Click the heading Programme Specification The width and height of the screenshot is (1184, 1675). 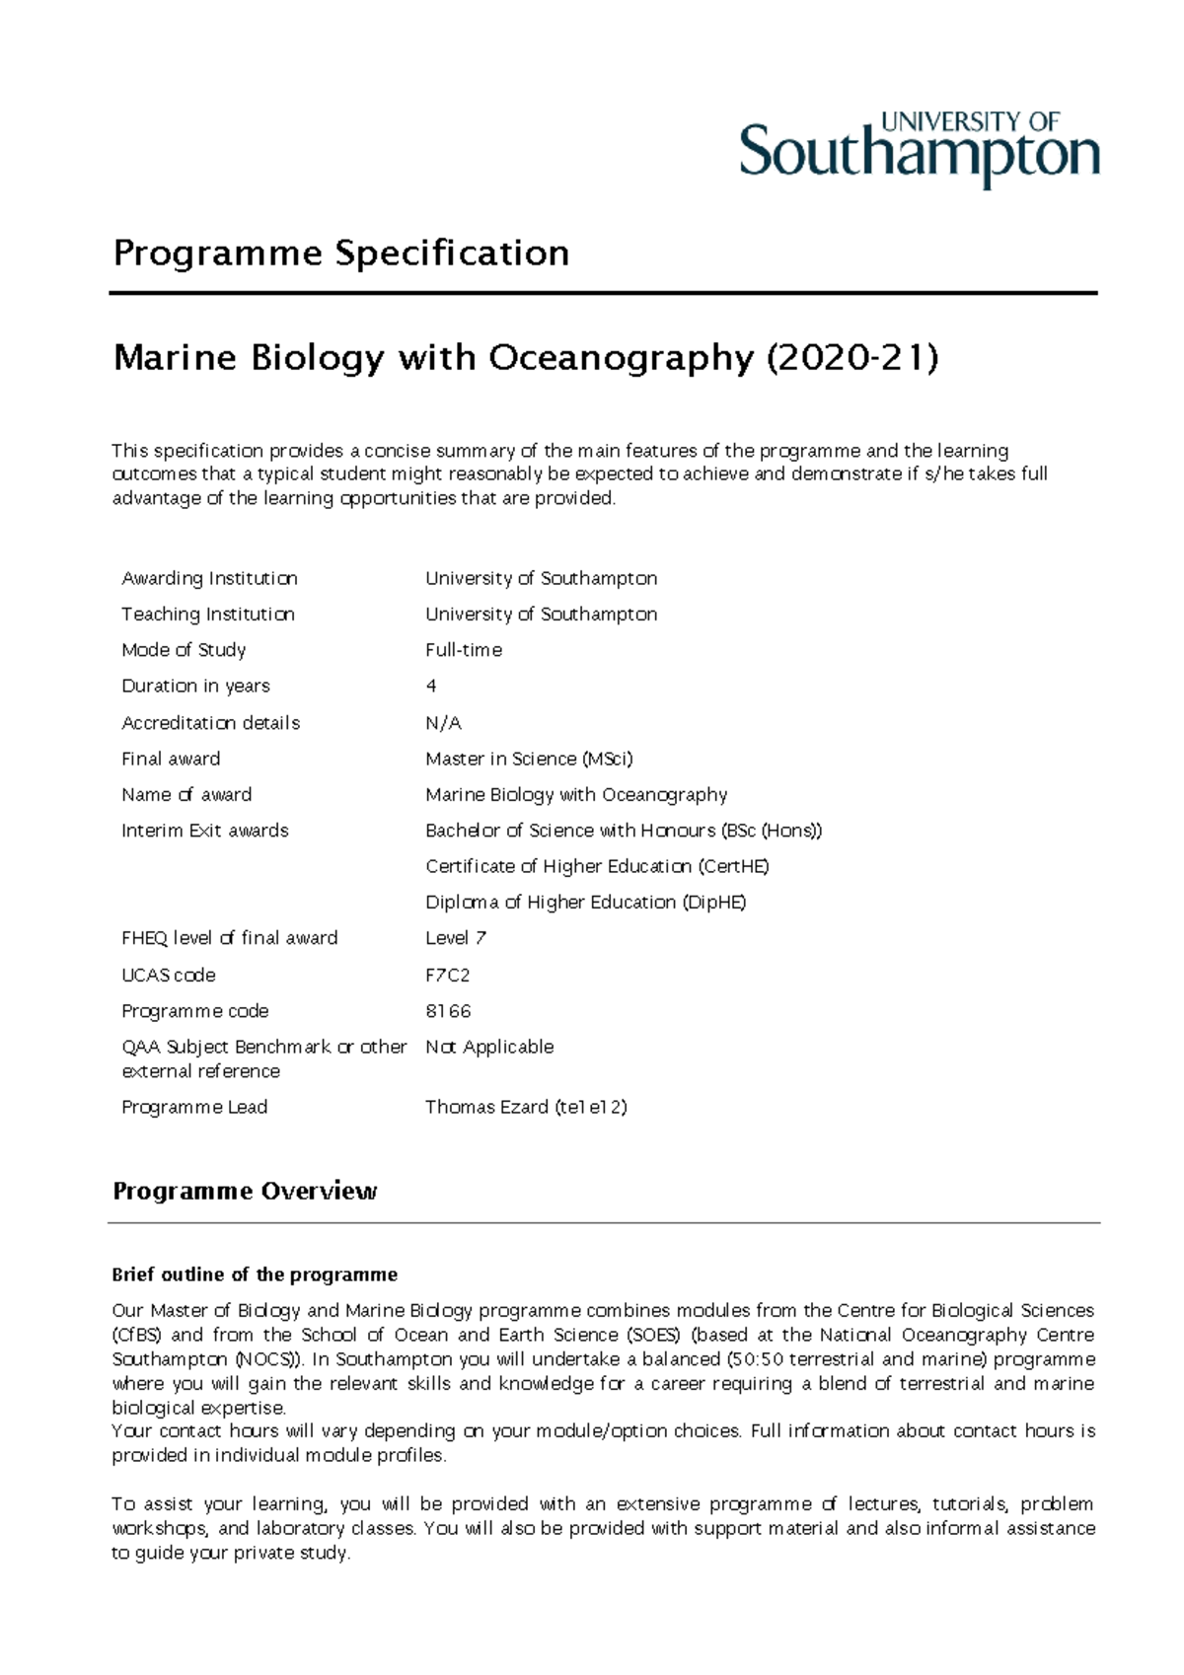[341, 254]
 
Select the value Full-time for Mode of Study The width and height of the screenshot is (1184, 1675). [464, 650]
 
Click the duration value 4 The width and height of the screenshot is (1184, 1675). [431, 686]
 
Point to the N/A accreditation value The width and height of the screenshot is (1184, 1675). [443, 723]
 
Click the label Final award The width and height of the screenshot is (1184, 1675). [171, 759]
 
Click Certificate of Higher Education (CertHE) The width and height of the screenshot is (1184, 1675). [597, 866]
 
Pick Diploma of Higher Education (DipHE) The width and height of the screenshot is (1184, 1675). [585, 902]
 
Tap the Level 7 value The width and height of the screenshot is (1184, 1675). [456, 938]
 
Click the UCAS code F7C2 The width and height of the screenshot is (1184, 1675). [447, 975]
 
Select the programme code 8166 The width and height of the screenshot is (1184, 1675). [448, 1011]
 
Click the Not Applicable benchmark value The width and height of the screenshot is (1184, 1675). [489, 1047]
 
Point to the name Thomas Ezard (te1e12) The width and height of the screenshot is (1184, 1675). [526, 1107]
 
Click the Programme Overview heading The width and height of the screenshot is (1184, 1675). [245, 1191]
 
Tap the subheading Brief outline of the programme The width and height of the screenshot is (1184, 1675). [255, 1274]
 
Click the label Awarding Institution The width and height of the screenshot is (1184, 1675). [209, 578]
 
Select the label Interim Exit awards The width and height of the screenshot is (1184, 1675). [205, 831]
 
